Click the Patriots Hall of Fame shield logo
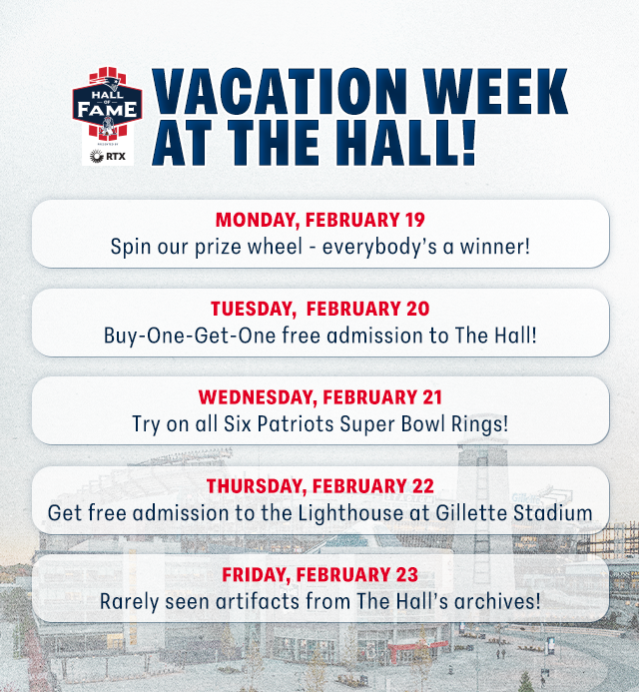(x=107, y=103)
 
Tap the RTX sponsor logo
(x=108, y=156)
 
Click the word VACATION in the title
(x=280, y=91)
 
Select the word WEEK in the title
(x=495, y=91)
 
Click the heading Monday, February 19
(x=319, y=220)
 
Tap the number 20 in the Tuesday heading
(x=418, y=309)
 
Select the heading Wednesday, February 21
(x=319, y=397)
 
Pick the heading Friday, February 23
(x=319, y=574)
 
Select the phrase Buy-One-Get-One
(x=190, y=336)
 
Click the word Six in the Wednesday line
(x=238, y=424)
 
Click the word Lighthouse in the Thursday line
(x=350, y=513)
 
